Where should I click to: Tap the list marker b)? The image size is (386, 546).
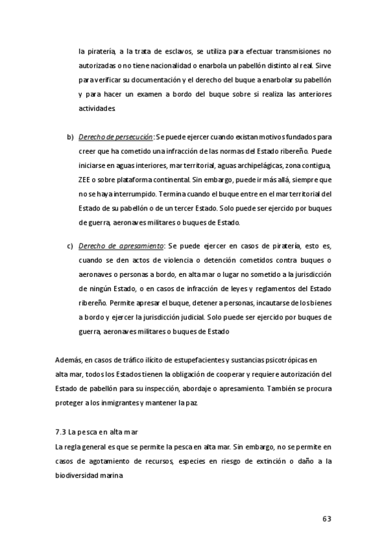[x=70, y=137]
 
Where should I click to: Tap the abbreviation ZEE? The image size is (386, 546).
[x=85, y=180]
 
